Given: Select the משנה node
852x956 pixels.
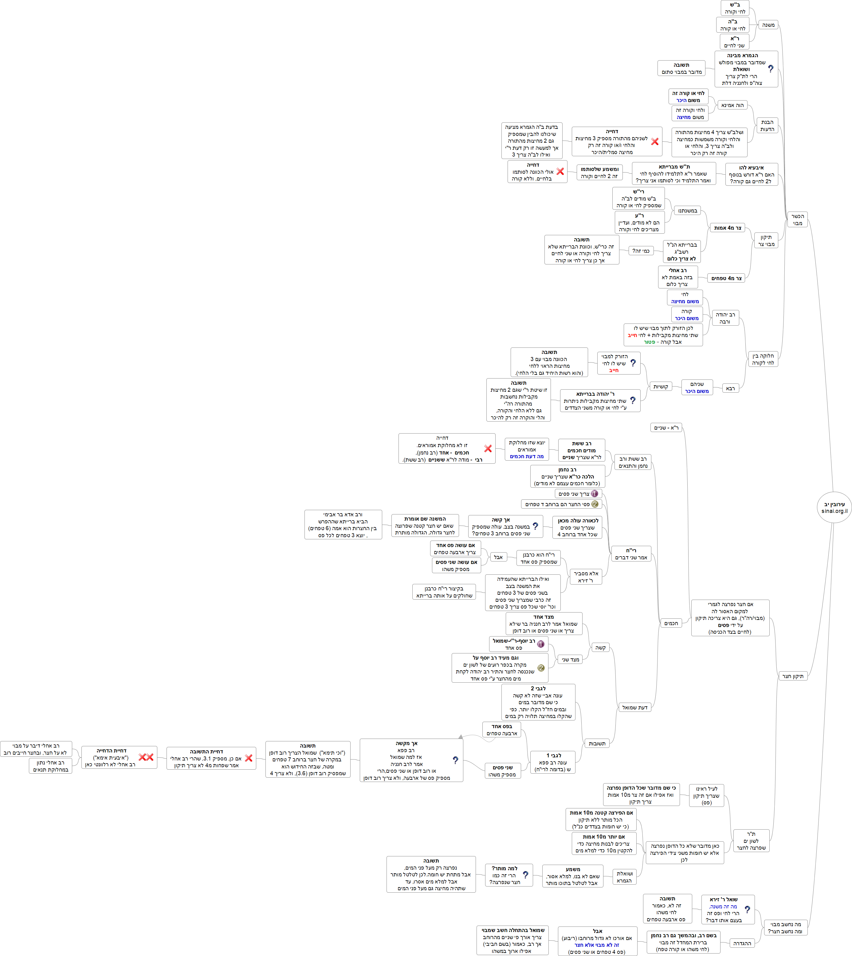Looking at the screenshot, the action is (x=768, y=25).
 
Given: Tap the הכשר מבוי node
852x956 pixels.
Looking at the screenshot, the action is (x=797, y=219).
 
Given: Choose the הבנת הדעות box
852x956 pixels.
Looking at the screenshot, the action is (x=767, y=125).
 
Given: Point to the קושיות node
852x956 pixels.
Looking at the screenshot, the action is (x=661, y=387).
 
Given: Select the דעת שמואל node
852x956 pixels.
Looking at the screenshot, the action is (x=635, y=707).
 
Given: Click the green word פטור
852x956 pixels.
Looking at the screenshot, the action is (x=649, y=342).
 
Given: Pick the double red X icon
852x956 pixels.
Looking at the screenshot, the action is (x=146, y=757).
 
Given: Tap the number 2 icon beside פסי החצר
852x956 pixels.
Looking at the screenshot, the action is (x=595, y=504).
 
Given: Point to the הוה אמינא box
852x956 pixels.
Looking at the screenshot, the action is (x=732, y=105).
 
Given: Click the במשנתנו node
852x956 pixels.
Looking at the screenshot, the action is (x=687, y=211).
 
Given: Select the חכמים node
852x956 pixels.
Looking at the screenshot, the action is (x=671, y=623).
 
